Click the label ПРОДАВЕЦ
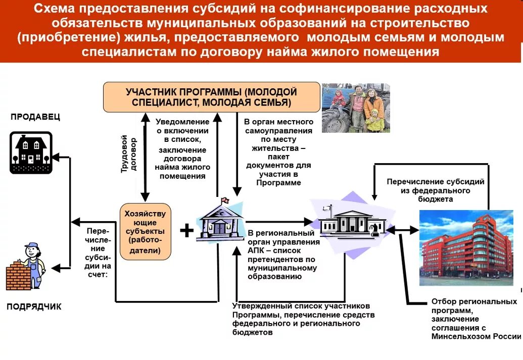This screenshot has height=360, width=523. tap(35, 117)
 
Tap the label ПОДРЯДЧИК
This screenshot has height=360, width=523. tap(34, 306)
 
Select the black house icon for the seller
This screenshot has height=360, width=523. tap(31, 152)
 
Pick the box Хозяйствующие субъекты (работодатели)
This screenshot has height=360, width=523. tap(145, 231)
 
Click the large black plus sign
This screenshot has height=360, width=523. tap(186, 231)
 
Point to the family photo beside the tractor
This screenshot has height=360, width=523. tap(356, 108)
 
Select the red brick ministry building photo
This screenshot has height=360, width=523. tap(466, 248)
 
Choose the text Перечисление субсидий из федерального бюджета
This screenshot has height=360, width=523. tap(435, 190)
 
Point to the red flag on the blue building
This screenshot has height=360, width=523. tap(224, 200)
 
